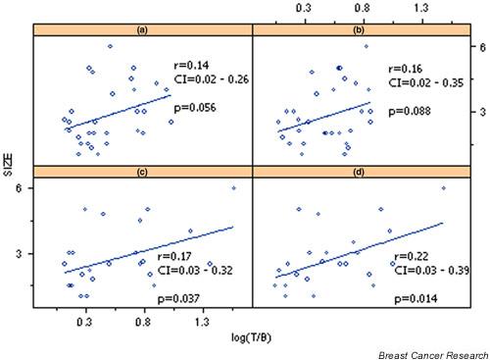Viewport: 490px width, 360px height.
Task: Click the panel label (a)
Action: click(142, 30)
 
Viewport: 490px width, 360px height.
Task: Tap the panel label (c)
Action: click(142, 173)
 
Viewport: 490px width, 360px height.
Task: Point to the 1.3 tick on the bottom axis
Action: click(202, 321)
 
